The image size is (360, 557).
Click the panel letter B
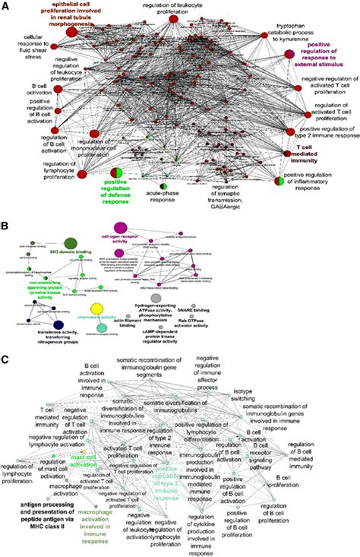coord(6,226)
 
